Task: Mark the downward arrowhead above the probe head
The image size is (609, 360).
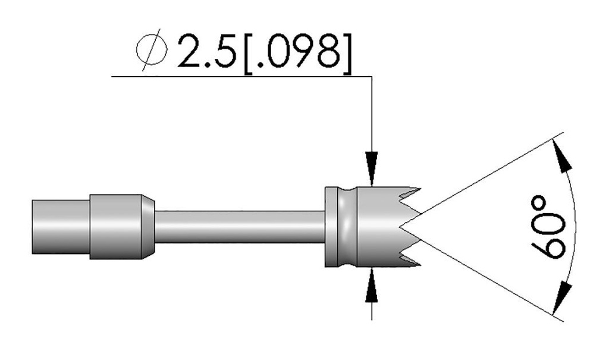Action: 372,168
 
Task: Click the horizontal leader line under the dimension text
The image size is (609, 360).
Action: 238,76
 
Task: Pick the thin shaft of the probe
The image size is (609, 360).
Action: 238,226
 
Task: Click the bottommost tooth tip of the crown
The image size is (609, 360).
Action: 419,262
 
